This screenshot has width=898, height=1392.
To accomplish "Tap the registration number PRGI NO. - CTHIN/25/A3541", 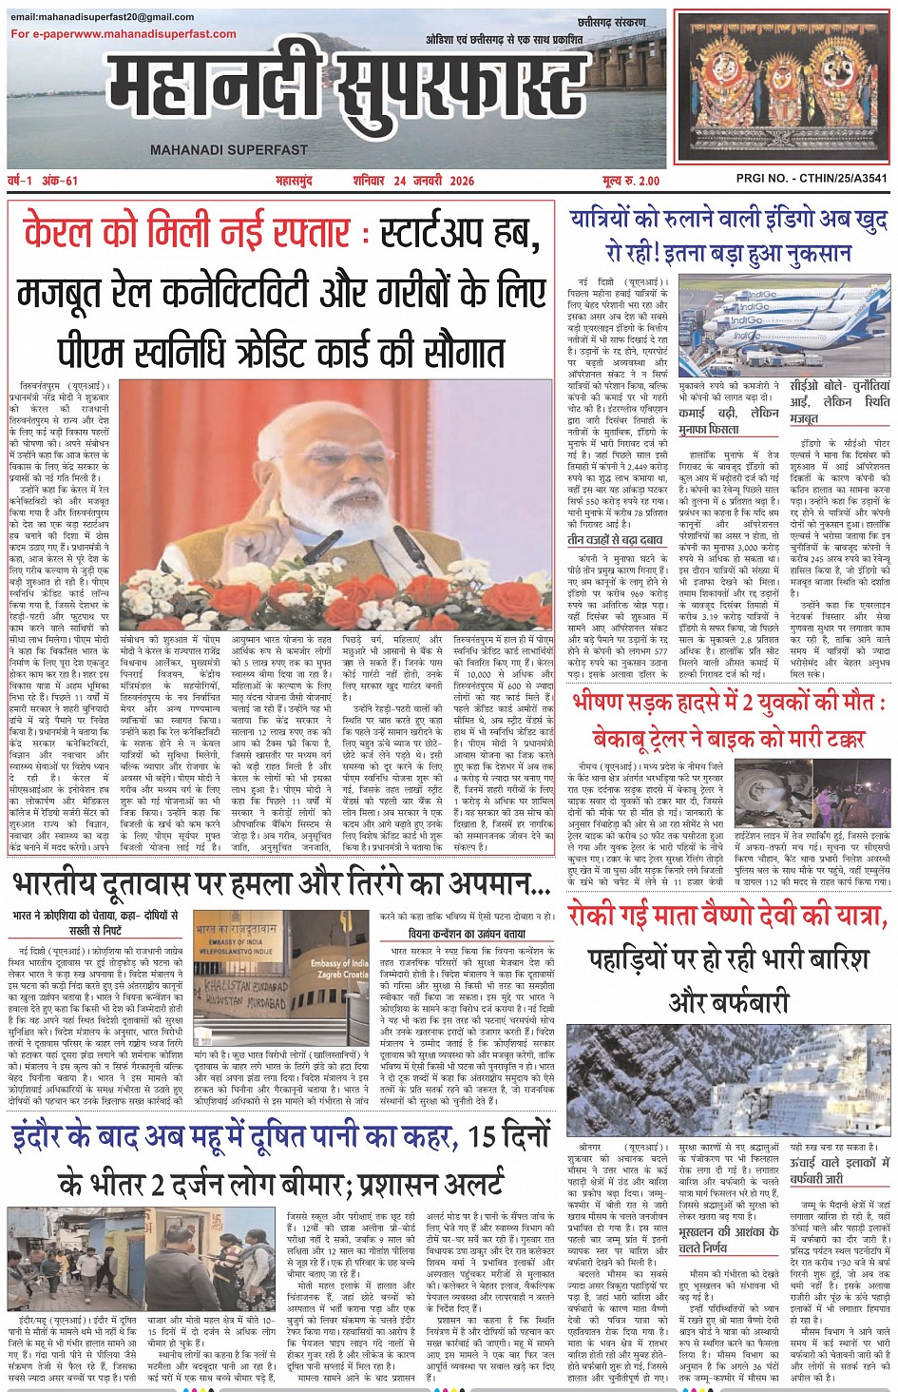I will [812, 178].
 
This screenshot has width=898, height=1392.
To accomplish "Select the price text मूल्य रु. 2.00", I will [630, 181].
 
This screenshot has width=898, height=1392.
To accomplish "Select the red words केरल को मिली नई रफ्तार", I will [186, 232].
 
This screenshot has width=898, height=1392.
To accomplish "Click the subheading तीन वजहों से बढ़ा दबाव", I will [616, 539].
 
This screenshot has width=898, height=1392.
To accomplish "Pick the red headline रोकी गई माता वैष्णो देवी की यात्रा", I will [728, 916].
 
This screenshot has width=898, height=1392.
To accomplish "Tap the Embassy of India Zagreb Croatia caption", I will [339, 969].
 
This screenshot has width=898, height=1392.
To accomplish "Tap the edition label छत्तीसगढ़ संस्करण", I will [611, 22].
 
